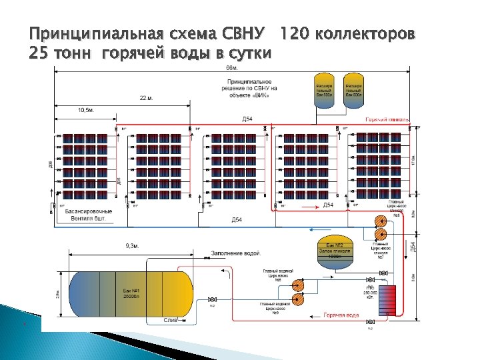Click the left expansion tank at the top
(323, 90)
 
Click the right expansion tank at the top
(353, 90)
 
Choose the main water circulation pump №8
(299, 285)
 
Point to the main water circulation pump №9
(299, 299)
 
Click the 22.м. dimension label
(147, 98)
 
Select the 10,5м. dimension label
(86, 110)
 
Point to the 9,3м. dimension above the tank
(132, 245)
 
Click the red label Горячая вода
(341, 315)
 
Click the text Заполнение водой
(235, 254)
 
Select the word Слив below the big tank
(171, 321)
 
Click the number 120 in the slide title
(294, 33)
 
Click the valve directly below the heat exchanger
(371, 322)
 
